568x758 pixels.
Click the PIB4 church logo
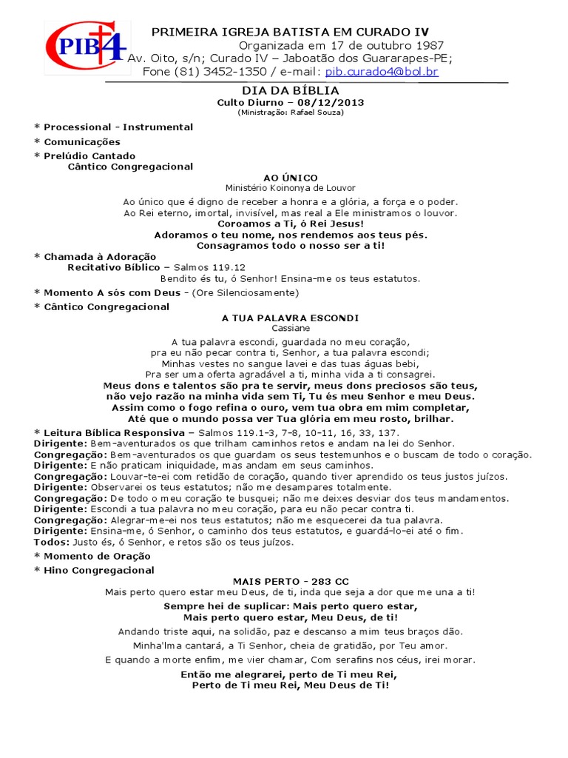tap(87, 47)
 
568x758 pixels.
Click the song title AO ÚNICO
tap(291, 178)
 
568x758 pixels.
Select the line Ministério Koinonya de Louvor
tap(291, 188)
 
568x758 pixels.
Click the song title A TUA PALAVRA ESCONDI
tap(291, 318)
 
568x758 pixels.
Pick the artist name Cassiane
tap(291, 327)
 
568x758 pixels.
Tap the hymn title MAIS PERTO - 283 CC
tap(291, 582)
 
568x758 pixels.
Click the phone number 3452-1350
tap(234, 72)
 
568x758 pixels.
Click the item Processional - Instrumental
tap(118, 127)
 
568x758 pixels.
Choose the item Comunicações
tap(82, 141)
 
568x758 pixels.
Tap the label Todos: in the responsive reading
tap(50, 542)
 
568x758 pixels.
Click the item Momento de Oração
tap(97, 556)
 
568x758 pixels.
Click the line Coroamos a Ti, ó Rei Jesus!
tap(291, 224)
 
